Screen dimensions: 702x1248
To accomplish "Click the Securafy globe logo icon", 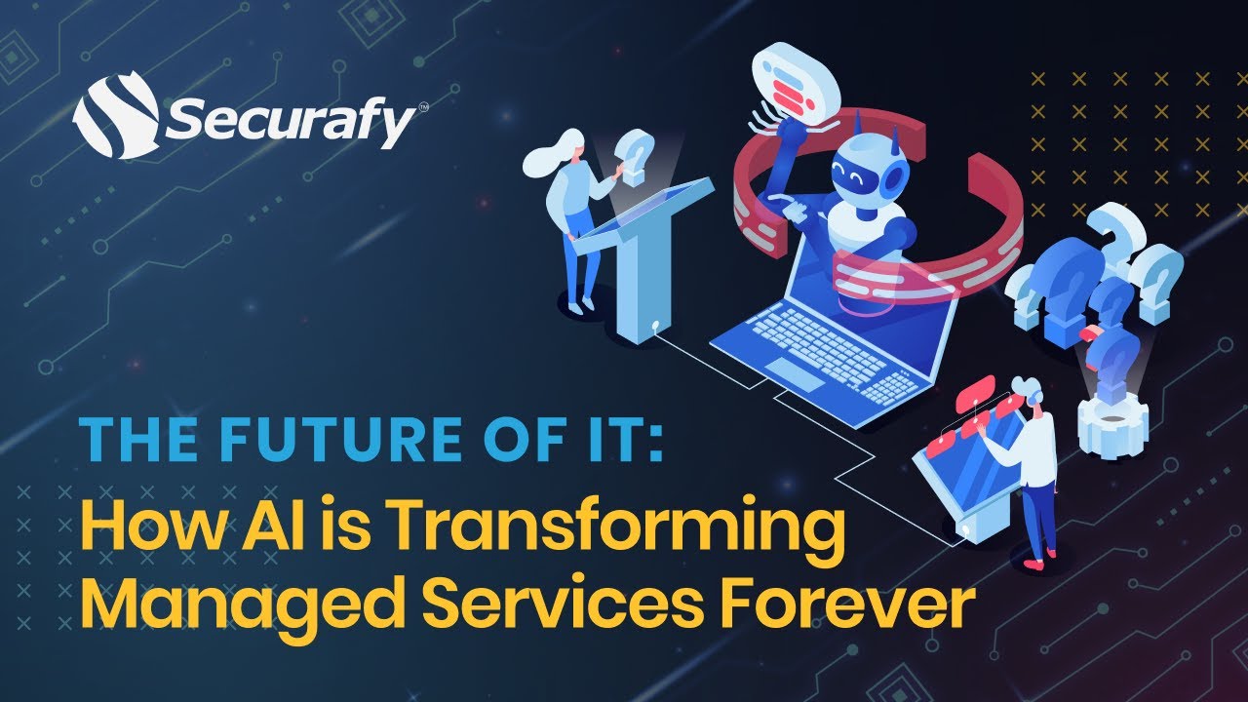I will coord(115,116).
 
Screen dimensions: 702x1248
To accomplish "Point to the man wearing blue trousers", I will coord(1033,468).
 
